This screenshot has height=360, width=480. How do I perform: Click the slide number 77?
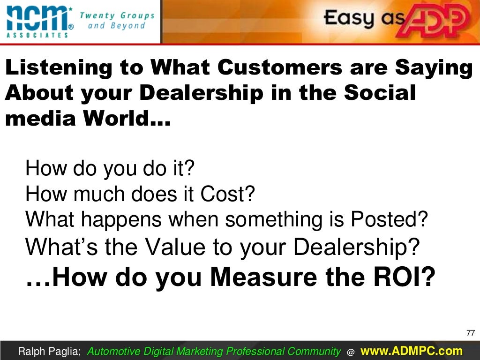click(x=471, y=333)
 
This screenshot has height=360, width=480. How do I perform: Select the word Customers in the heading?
click(x=280, y=67)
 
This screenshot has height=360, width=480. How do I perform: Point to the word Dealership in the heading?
click(x=202, y=93)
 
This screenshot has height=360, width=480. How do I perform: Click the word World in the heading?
click(x=116, y=119)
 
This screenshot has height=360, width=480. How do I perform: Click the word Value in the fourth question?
click(x=175, y=247)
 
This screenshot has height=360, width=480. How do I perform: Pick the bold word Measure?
click(x=263, y=277)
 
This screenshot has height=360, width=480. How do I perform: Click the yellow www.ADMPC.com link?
click(x=412, y=351)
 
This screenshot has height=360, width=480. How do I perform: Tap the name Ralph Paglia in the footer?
click(x=48, y=352)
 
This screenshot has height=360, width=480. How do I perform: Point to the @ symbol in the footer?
click(x=351, y=352)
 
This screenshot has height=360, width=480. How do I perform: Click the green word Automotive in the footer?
click(x=113, y=352)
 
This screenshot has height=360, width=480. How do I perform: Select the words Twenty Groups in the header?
click(x=117, y=15)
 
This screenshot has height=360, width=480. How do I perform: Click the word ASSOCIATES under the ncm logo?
click(x=37, y=35)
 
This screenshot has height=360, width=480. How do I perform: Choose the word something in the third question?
click(x=274, y=220)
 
